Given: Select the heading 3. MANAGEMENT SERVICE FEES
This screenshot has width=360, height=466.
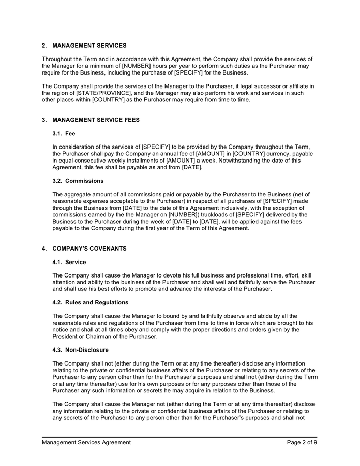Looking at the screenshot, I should click(x=91, y=120).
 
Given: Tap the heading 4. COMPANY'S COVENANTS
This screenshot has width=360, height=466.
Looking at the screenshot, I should click(x=84, y=249).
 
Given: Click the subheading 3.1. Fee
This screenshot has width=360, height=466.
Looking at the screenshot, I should click(x=64, y=133).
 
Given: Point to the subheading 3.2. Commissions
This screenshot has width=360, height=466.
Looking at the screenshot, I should click(x=78, y=181).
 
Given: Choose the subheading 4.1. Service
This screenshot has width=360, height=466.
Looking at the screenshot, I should click(x=69, y=262).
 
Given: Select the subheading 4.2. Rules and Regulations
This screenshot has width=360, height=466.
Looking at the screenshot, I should click(x=91, y=302).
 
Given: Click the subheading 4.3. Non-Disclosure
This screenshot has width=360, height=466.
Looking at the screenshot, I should click(x=81, y=350).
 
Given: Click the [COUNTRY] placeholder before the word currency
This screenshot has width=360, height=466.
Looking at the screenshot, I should click(x=251, y=154).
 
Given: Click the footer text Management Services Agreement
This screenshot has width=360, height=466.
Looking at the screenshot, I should click(x=86, y=442).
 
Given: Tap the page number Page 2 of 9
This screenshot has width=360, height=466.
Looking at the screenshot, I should click(x=302, y=442).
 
